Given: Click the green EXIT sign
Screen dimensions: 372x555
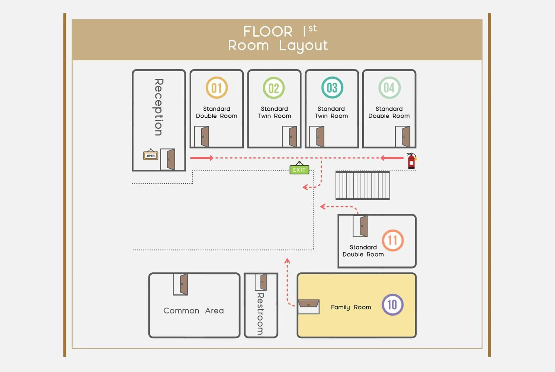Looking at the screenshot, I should [x=299, y=169].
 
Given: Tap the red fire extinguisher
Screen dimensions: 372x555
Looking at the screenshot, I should [x=411, y=161].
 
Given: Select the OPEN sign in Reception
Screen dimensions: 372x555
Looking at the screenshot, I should [x=150, y=155].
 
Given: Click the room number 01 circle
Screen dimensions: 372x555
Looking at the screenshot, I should [x=217, y=88].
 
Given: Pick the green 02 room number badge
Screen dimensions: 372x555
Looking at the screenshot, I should [x=274, y=88].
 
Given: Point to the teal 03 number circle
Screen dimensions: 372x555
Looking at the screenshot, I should [x=332, y=88].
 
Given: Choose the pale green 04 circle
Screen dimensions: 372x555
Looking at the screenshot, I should [x=389, y=88].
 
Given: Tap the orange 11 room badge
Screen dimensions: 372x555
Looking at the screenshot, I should [x=393, y=240].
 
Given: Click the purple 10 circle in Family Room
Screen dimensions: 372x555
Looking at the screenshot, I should [x=392, y=304].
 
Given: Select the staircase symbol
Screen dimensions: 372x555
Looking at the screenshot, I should [x=363, y=185].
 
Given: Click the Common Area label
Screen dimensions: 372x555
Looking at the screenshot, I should [x=193, y=310].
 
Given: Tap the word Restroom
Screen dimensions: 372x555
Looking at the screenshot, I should [x=260, y=314].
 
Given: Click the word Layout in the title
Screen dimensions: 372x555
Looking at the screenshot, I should [x=303, y=46].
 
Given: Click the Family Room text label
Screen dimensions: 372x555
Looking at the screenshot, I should [x=351, y=307].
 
